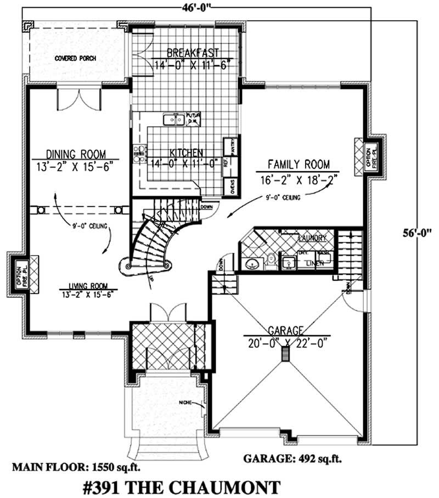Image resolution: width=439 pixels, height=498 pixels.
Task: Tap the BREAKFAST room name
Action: (x=185, y=53)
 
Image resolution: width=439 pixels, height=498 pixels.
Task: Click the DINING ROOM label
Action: (x=75, y=154)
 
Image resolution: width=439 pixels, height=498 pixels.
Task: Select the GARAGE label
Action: (x=285, y=331)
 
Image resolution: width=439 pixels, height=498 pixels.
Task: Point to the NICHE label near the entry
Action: (x=185, y=403)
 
